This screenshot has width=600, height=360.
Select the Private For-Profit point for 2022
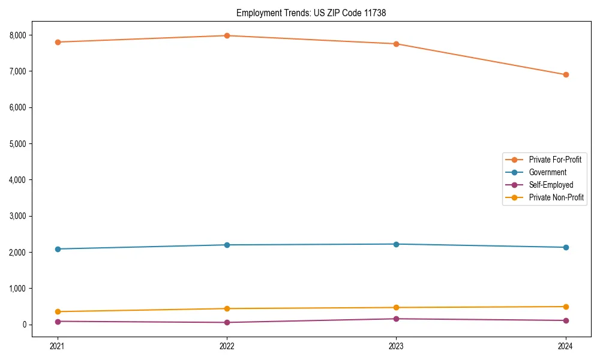pyautogui.click(x=227, y=35)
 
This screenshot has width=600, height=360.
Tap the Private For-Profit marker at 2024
pyautogui.click(x=566, y=75)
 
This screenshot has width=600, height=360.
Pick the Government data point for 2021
pyautogui.click(x=58, y=249)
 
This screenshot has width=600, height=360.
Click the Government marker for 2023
pyautogui.click(x=396, y=244)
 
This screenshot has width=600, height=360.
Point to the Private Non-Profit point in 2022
pyautogui.click(x=227, y=308)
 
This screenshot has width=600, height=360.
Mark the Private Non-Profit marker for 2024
pyautogui.click(x=566, y=307)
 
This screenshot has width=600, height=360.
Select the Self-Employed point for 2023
pyautogui.click(x=396, y=319)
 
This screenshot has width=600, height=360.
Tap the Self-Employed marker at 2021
pyautogui.click(x=58, y=321)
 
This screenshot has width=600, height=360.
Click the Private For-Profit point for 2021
pyautogui.click(x=58, y=42)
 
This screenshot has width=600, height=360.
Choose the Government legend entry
pyautogui.click(x=547, y=172)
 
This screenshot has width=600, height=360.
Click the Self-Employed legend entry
pyautogui.click(x=551, y=185)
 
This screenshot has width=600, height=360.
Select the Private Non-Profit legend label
pyautogui.click(x=556, y=197)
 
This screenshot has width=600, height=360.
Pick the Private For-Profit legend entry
pyautogui.click(x=555, y=160)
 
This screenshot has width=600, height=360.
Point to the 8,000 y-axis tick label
pyautogui.click(x=18, y=35)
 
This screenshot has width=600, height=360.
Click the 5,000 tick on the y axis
pyautogui.click(x=18, y=144)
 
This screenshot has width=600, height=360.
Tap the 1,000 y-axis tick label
pyautogui.click(x=18, y=289)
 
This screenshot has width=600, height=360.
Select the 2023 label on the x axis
pyautogui.click(x=396, y=346)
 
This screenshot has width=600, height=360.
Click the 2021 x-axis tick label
pyautogui.click(x=58, y=346)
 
